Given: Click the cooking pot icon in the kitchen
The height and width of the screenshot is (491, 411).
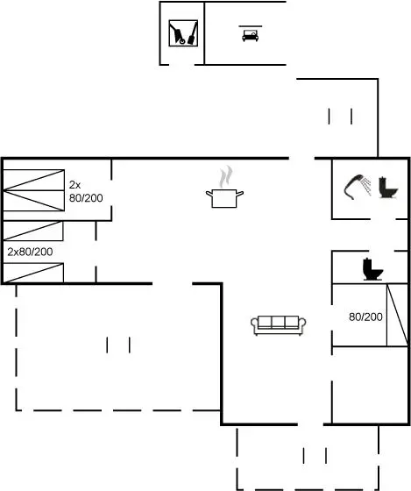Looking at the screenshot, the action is click(224, 198).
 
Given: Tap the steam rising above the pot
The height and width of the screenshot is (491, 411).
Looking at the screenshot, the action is click(226, 176).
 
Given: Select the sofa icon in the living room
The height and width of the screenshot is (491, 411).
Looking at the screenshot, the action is click(279, 325).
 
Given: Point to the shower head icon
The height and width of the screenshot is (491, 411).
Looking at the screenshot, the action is click(358, 187).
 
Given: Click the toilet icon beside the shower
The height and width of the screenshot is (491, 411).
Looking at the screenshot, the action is click(388, 188).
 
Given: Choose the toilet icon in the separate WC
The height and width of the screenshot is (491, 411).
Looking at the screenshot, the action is click(372, 269).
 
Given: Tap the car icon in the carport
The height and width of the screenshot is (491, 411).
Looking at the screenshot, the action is click(250, 34).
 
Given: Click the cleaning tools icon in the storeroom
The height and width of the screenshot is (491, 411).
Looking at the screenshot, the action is click(183, 33).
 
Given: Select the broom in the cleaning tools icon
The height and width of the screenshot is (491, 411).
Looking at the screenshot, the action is click(193, 33).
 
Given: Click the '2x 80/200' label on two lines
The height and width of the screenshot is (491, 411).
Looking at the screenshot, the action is click(86, 191).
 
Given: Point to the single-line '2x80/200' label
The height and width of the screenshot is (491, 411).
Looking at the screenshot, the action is click(30, 252).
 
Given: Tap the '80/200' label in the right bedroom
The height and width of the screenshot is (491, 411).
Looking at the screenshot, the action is click(365, 317).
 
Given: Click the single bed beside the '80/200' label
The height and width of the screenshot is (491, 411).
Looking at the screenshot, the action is click(398, 315).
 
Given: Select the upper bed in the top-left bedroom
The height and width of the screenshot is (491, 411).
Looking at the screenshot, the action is click(34, 180).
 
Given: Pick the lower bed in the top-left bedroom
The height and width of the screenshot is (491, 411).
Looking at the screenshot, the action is click(34, 201).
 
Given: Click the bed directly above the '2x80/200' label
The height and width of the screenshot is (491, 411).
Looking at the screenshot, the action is click(33, 231).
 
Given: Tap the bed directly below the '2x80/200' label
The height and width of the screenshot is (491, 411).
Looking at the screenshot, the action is click(33, 273).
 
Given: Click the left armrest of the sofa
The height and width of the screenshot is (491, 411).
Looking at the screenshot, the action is click(254, 324).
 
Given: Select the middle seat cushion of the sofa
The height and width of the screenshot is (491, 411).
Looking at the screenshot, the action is click(279, 322).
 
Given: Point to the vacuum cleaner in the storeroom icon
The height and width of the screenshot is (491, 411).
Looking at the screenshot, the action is click(177, 33).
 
